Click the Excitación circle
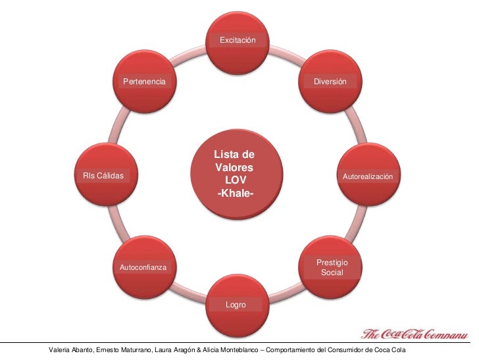click(238, 43)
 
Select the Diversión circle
click(330, 82)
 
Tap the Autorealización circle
click(368, 174)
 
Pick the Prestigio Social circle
click(330, 267)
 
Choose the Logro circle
click(238, 305)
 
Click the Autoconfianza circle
click(145, 267)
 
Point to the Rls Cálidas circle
click(106, 174)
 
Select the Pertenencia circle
click(145, 82)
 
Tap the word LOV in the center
click(236, 180)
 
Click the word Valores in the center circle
click(234, 167)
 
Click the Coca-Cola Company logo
click(415, 334)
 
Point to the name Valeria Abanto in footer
click(70, 350)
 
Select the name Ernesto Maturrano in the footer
click(124, 350)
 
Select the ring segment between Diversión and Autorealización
click(357, 124)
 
